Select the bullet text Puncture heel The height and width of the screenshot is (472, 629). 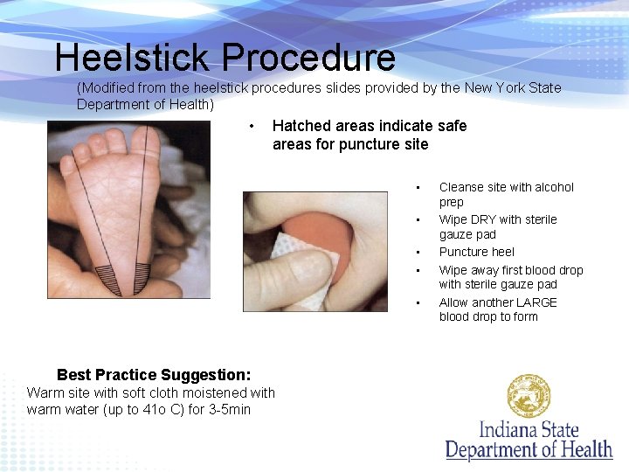[x=477, y=252]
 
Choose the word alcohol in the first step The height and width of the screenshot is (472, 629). [x=553, y=187]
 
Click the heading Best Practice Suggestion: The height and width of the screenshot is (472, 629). [x=154, y=374]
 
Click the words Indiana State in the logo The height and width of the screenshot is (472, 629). [x=529, y=430]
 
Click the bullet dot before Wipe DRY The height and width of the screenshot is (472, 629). [x=419, y=220]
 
